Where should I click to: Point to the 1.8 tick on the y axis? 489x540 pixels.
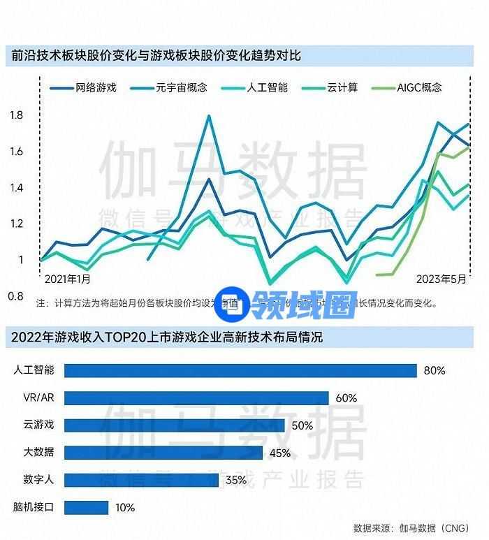16,115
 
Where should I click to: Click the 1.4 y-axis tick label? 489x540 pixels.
16,187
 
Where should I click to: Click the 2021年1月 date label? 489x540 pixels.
67,279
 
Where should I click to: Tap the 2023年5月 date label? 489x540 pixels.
441,279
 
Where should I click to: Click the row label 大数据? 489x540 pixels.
38,453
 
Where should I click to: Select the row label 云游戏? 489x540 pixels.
38,425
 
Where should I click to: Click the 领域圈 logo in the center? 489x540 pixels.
286,303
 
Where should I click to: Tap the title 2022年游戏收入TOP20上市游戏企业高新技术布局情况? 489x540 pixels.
167,337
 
